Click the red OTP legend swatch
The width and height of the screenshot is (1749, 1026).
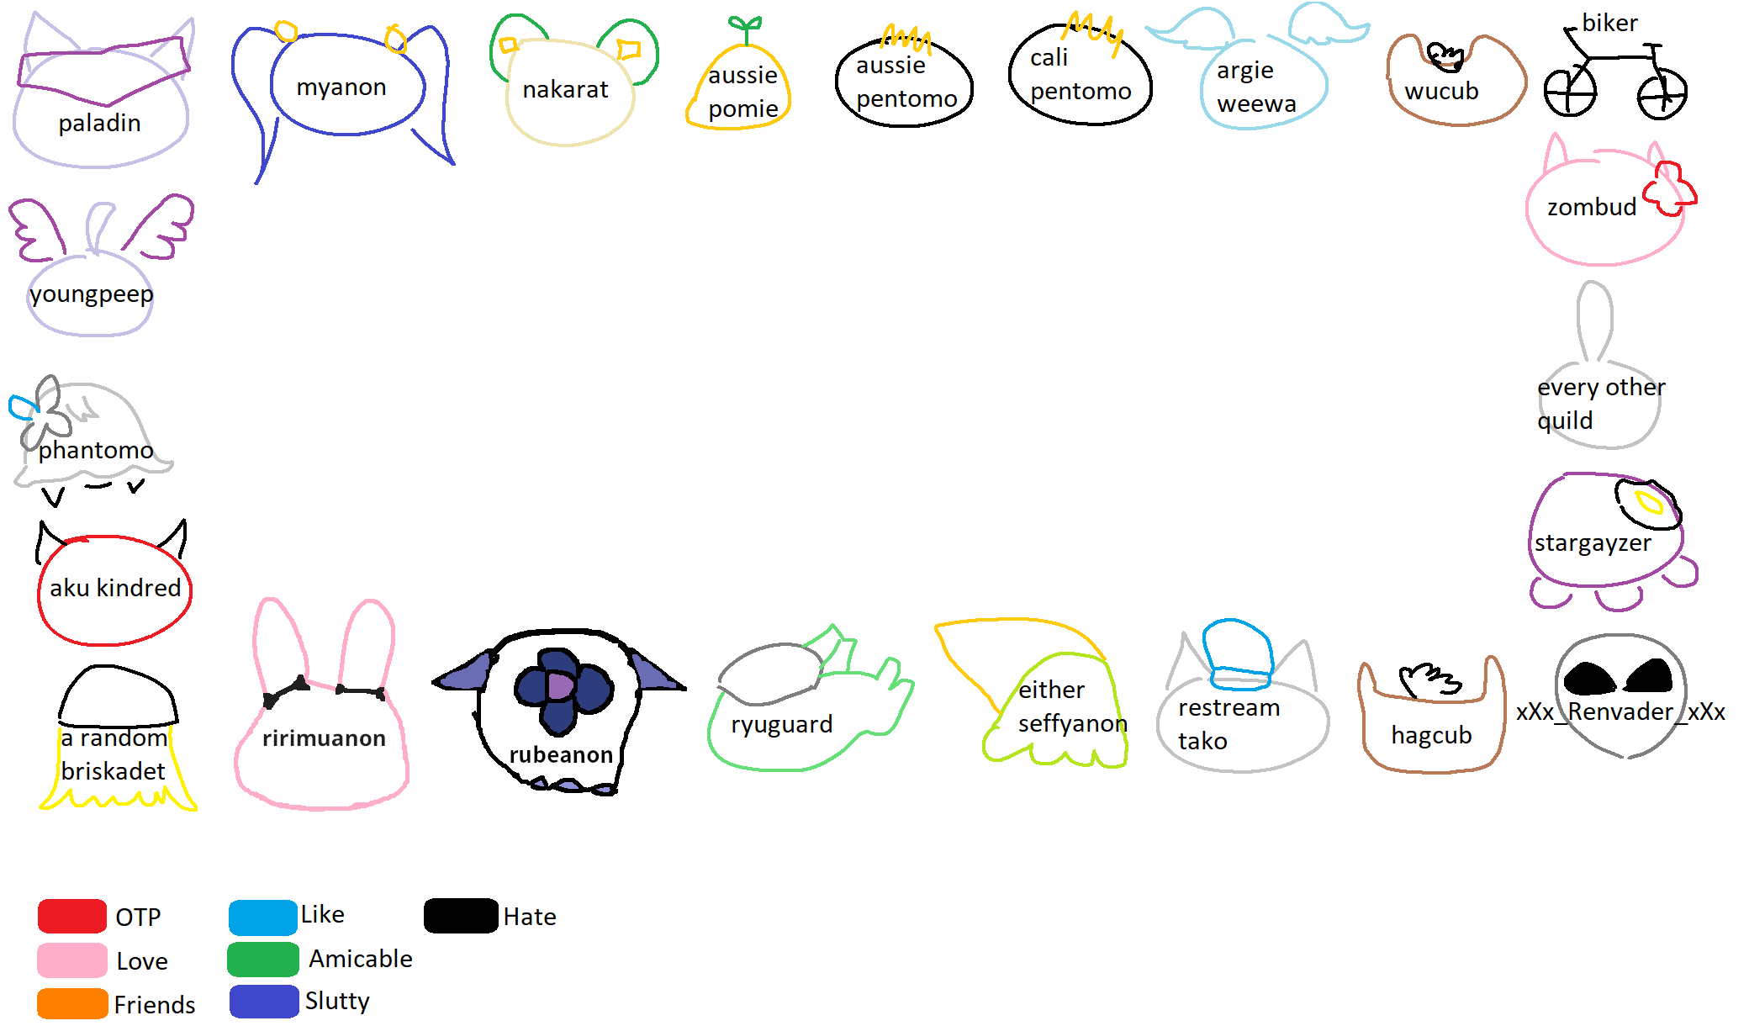72,916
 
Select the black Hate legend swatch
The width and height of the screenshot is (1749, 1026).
461,916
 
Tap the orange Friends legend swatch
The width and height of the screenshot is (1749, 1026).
72,1003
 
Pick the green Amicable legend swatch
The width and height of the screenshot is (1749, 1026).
263,960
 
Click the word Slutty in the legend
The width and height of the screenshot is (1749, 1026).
337,1001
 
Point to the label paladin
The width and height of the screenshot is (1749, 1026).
99,124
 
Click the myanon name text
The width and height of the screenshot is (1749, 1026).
341,87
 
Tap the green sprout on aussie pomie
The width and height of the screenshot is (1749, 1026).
745,28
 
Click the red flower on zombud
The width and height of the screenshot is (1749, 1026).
1670,189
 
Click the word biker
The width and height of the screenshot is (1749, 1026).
1609,23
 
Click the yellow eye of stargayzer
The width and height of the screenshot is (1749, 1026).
1648,503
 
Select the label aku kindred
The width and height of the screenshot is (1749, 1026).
115,588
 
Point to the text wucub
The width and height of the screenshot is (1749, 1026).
1441,91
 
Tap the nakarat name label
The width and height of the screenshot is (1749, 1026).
565,89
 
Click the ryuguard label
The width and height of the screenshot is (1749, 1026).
781,724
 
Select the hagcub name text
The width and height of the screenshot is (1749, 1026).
1431,735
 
